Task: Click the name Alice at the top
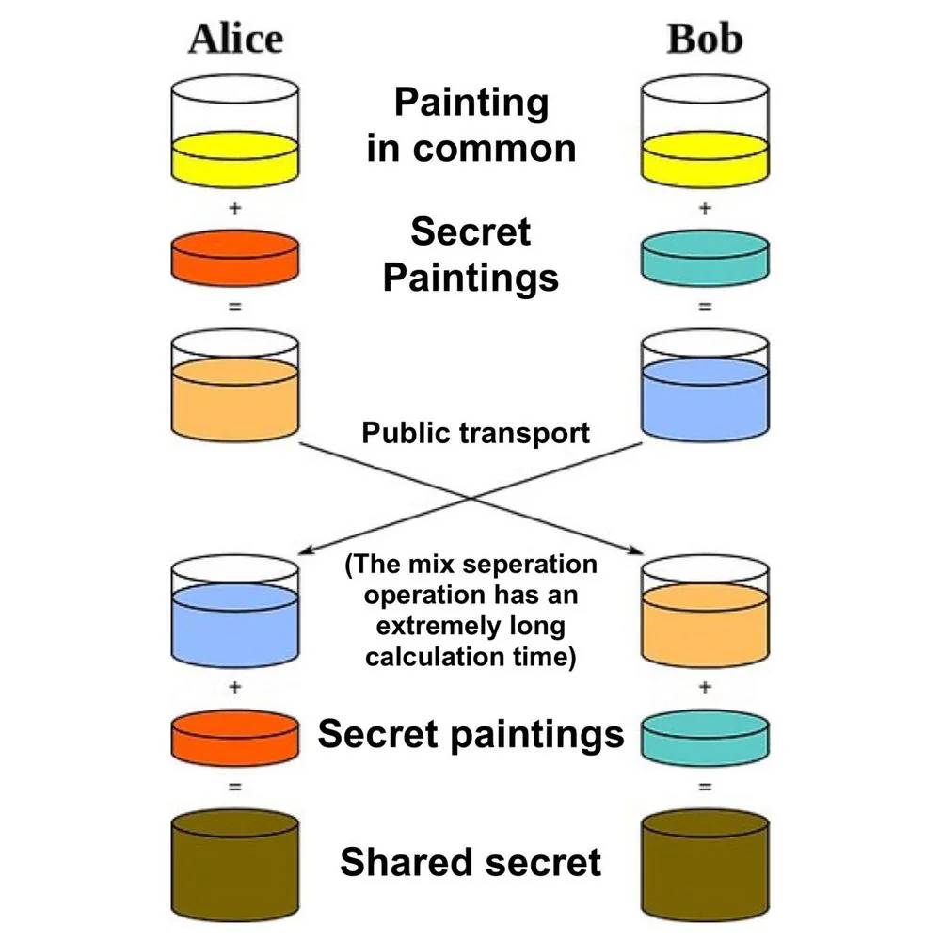(236, 39)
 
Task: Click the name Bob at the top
(705, 39)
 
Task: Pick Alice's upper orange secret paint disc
(235, 258)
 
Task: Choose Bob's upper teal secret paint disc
(705, 258)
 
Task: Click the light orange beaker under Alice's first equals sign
(235, 385)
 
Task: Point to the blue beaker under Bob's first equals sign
(705, 385)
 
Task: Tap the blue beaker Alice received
(235, 612)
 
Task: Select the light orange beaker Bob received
(705, 612)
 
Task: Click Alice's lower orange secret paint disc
(235, 738)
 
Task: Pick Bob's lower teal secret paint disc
(705, 738)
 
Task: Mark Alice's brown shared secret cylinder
(235, 866)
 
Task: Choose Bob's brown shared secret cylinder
(705, 866)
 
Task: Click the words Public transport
(475, 434)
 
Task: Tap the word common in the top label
(495, 149)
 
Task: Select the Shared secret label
(470, 862)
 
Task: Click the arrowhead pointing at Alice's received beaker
(306, 550)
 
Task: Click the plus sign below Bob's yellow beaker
(705, 208)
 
